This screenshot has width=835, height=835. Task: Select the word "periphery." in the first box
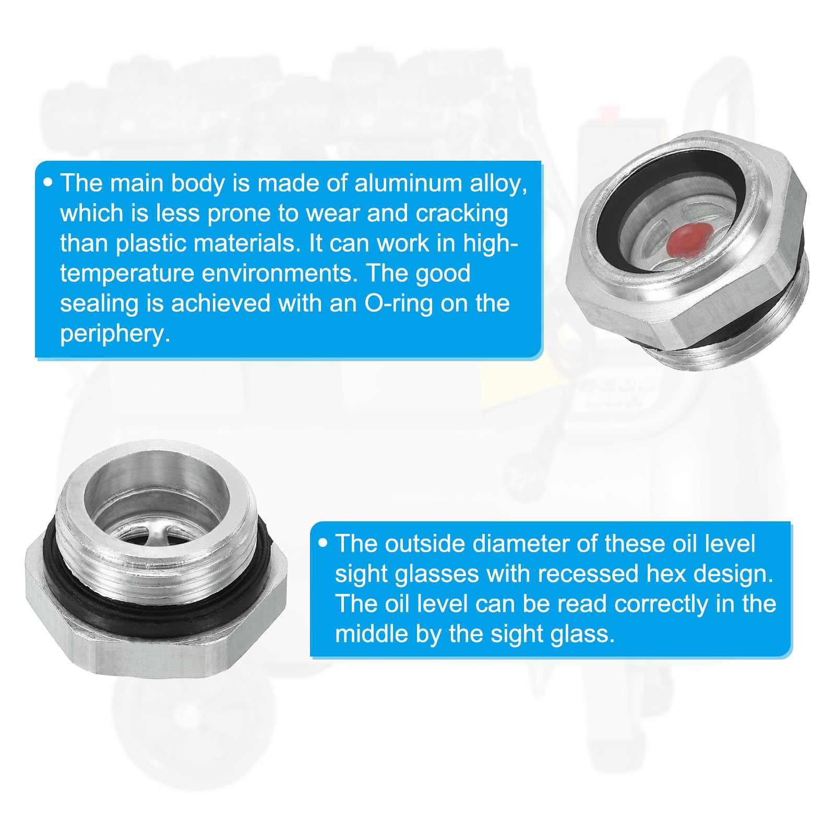click(115, 334)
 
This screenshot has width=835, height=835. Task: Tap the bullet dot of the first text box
click(49, 183)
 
